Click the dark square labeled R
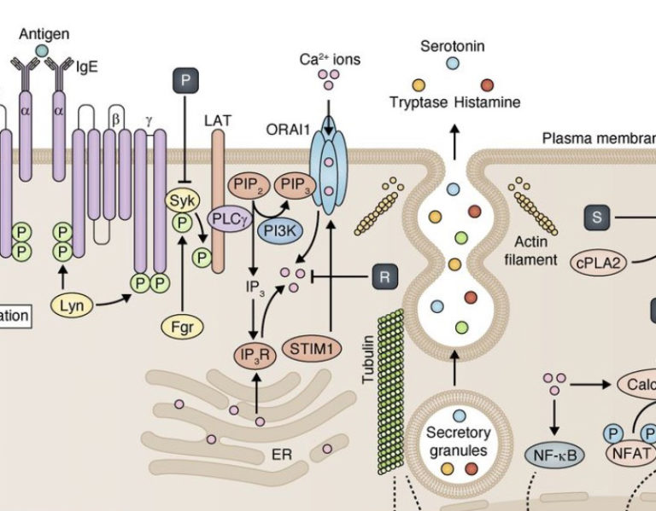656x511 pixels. click(384, 276)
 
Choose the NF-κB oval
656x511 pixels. click(553, 455)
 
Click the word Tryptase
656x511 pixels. click(419, 102)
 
